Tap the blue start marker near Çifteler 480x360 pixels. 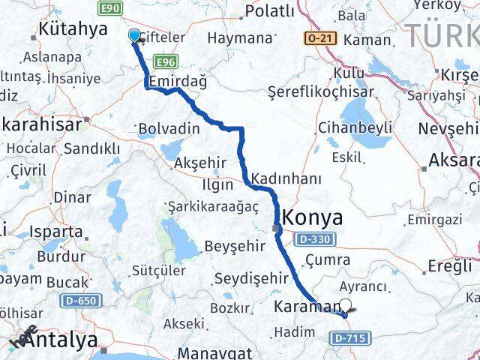[135, 35]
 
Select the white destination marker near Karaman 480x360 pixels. [346, 305]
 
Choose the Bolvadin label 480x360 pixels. [169, 129]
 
